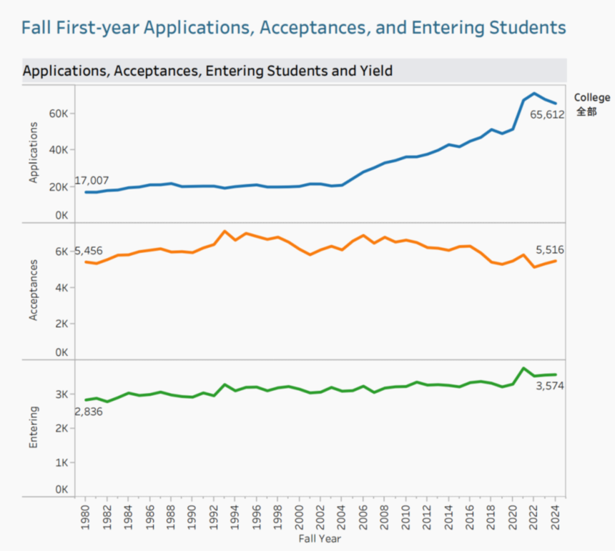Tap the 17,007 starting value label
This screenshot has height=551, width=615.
(92, 181)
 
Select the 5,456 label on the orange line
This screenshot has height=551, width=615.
(89, 251)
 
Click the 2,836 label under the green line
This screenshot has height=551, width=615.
(89, 412)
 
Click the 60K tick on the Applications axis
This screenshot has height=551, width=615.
(58, 114)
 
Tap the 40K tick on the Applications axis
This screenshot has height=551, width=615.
(58, 150)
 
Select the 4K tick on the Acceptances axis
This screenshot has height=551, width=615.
(61, 287)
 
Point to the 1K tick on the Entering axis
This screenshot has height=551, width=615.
(61, 462)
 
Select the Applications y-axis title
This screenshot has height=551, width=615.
(33, 152)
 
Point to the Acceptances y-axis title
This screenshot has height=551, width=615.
(33, 289)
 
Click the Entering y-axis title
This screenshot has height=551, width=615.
(33, 427)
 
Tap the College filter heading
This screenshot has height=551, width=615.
(592, 98)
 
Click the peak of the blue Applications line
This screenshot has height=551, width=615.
(533, 94)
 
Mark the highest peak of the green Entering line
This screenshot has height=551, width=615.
(523, 369)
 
